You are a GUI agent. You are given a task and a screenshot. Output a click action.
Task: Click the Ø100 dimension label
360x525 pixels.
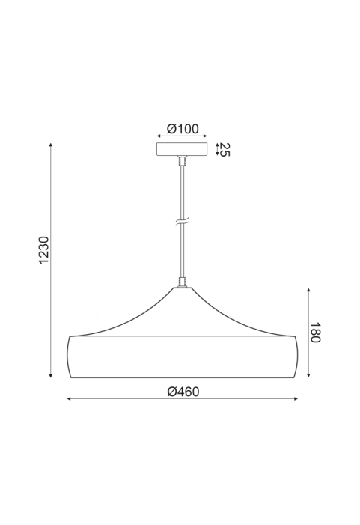pyautogui.click(x=183, y=129)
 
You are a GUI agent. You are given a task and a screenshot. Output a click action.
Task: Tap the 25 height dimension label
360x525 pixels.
pyautogui.click(x=225, y=150)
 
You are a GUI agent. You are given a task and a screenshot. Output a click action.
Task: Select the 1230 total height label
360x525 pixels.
pyautogui.click(x=44, y=250)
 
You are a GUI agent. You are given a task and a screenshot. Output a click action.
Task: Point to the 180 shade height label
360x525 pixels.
pyautogui.click(x=315, y=333)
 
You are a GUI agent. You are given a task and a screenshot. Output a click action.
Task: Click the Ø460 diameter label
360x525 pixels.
pyautogui.click(x=183, y=392)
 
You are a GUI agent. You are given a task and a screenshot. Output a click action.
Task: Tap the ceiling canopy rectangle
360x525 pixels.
pyautogui.click(x=182, y=149)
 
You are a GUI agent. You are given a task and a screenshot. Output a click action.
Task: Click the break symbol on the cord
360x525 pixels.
pyautogui.click(x=183, y=222)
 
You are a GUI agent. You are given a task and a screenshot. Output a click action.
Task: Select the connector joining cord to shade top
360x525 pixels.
pyautogui.click(x=183, y=282)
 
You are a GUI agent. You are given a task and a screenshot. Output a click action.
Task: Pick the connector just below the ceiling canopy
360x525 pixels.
pyautogui.click(x=183, y=161)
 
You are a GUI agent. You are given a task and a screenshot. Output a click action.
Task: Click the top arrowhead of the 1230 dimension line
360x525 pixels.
pyautogui.click(x=51, y=145)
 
